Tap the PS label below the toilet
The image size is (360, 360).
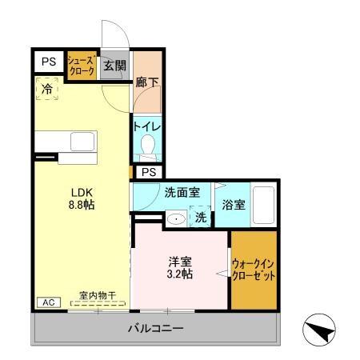(x=148, y=172)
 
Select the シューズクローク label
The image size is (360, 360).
(x=82, y=66)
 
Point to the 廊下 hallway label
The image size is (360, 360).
(x=146, y=82)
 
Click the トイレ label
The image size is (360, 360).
(x=147, y=126)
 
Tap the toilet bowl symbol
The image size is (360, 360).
(x=147, y=146)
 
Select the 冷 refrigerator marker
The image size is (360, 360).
(x=48, y=89)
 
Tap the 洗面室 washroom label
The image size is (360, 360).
(x=182, y=193)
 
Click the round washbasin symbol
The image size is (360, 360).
(x=176, y=218)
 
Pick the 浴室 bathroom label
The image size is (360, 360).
(x=234, y=206)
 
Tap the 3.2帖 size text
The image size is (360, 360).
(x=180, y=274)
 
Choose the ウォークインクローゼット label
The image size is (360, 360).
(x=254, y=269)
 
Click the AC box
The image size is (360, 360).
(x=47, y=302)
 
